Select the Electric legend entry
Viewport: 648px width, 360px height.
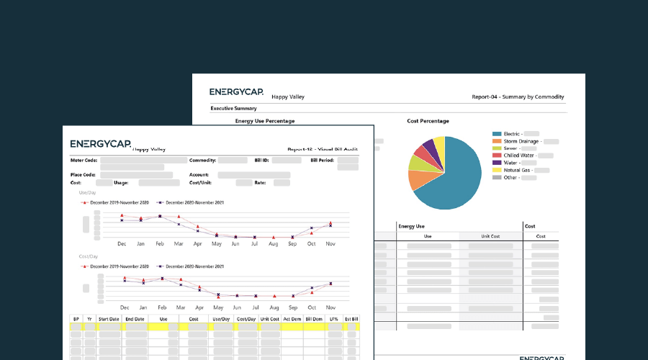pos(511,134)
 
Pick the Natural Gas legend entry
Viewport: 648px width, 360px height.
pos(517,170)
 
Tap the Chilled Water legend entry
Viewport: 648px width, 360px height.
pos(519,156)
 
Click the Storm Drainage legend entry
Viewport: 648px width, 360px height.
pos(522,141)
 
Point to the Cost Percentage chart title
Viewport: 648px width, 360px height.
pos(428,121)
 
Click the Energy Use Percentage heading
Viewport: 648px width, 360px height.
pos(265,121)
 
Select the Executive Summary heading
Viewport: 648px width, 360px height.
pos(229,108)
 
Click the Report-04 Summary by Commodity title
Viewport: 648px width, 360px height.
pos(518,96)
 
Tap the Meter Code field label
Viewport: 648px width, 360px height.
pos(81,160)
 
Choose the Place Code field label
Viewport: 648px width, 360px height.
pos(81,175)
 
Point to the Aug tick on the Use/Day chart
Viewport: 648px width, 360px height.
pos(274,244)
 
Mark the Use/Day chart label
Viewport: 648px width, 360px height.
pos(88,193)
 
